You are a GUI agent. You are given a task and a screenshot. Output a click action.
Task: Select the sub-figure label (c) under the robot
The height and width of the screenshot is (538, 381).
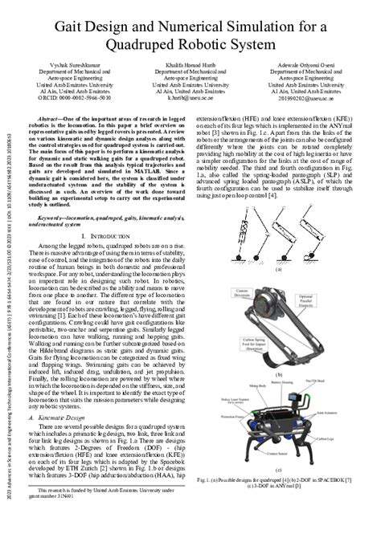coord(278,476)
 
